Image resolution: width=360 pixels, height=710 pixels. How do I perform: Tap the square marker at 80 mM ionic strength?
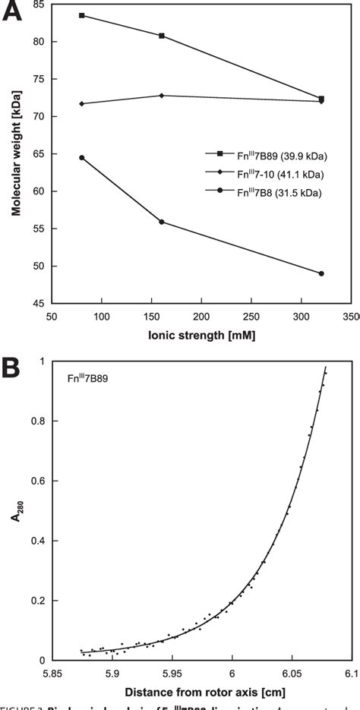click(x=81, y=15)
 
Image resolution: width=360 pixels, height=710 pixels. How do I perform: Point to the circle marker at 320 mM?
click(x=322, y=273)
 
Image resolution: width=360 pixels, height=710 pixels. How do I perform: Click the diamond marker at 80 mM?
click(x=81, y=104)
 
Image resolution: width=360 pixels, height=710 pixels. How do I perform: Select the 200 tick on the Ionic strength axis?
click(x=201, y=315)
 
